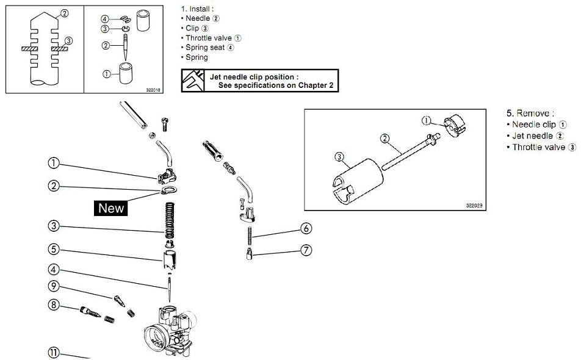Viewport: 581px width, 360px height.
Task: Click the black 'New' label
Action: pyautogui.click(x=111, y=208)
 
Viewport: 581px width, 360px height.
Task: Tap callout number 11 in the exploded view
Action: pyautogui.click(x=54, y=352)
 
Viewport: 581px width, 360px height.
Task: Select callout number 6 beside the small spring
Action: pyautogui.click(x=306, y=229)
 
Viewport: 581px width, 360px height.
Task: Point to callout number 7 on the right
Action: pyautogui.click(x=306, y=250)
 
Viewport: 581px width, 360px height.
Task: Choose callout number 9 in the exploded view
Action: pyautogui.click(x=54, y=286)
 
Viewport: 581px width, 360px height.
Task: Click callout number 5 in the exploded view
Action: pyautogui.click(x=54, y=249)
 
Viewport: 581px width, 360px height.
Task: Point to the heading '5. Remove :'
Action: pyautogui.click(x=530, y=113)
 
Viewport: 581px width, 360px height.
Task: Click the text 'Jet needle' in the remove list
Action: pyautogui.click(x=532, y=135)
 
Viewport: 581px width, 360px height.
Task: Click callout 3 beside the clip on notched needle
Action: pyautogui.click(x=68, y=41)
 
